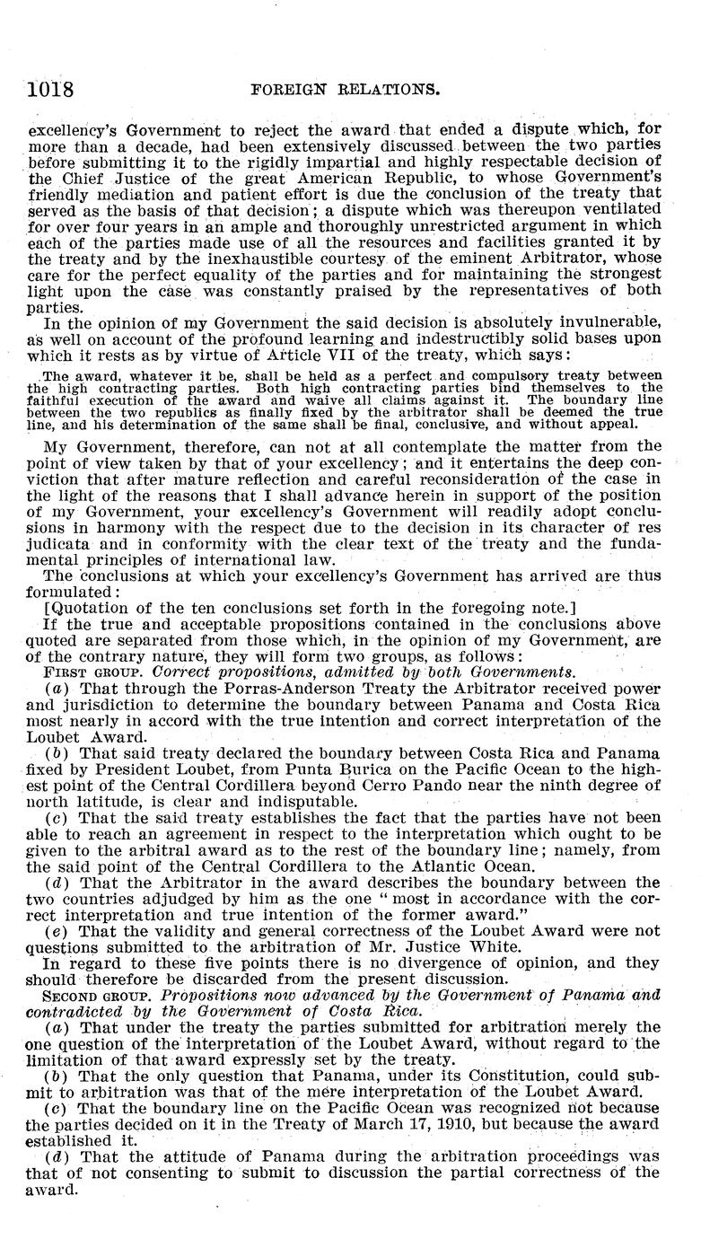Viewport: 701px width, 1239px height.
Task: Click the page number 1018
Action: [49, 89]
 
